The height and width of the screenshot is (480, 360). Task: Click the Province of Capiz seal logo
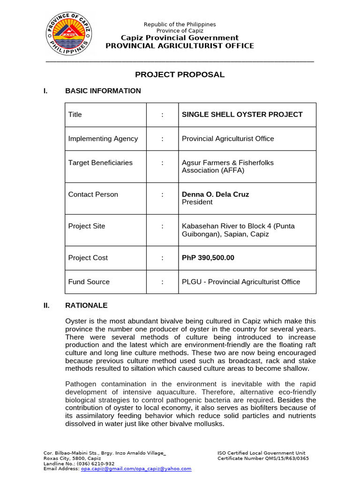point(69,34)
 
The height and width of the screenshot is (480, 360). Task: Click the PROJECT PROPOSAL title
point(180,75)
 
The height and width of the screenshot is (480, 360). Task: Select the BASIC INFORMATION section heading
point(103,91)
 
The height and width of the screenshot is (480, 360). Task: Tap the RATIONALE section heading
point(86,306)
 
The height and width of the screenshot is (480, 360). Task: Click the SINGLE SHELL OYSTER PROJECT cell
point(242,114)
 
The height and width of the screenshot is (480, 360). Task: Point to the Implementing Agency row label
point(103,139)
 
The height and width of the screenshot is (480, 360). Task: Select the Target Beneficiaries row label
point(100,163)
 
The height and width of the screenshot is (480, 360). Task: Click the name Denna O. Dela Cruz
point(215,195)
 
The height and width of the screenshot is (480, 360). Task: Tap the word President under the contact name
point(197,202)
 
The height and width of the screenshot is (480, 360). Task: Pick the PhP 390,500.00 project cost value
point(208,258)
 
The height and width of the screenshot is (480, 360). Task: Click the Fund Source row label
point(89,282)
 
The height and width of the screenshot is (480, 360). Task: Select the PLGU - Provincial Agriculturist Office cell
point(240,282)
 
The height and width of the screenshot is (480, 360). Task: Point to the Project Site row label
point(87,226)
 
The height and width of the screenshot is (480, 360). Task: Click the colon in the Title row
point(162,114)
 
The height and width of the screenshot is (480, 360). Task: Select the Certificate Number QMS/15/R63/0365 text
point(263,458)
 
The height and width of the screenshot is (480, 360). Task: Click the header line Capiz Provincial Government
point(180,38)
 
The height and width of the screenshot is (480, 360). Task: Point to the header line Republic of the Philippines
point(180,24)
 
